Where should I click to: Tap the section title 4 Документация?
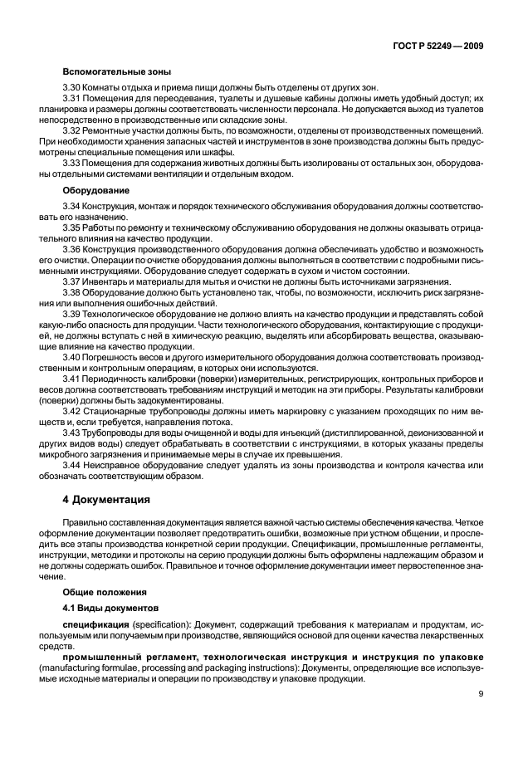click(x=106, y=500)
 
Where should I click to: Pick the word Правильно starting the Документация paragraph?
click(x=86, y=523)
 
